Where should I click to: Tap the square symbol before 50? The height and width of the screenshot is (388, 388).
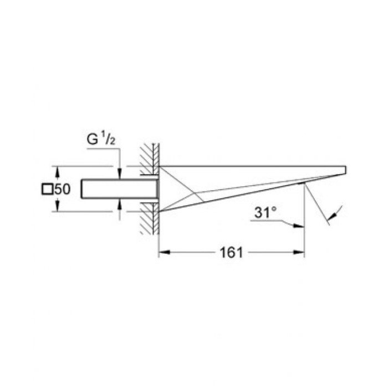pos(47,189)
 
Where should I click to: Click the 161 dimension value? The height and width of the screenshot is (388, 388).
pos(231,253)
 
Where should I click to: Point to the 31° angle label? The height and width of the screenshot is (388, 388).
pos(263,212)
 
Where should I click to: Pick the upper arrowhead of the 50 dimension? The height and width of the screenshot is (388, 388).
pos(56,169)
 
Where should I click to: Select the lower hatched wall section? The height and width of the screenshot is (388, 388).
pos(149,219)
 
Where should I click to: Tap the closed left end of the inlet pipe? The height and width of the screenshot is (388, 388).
pos(82,188)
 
